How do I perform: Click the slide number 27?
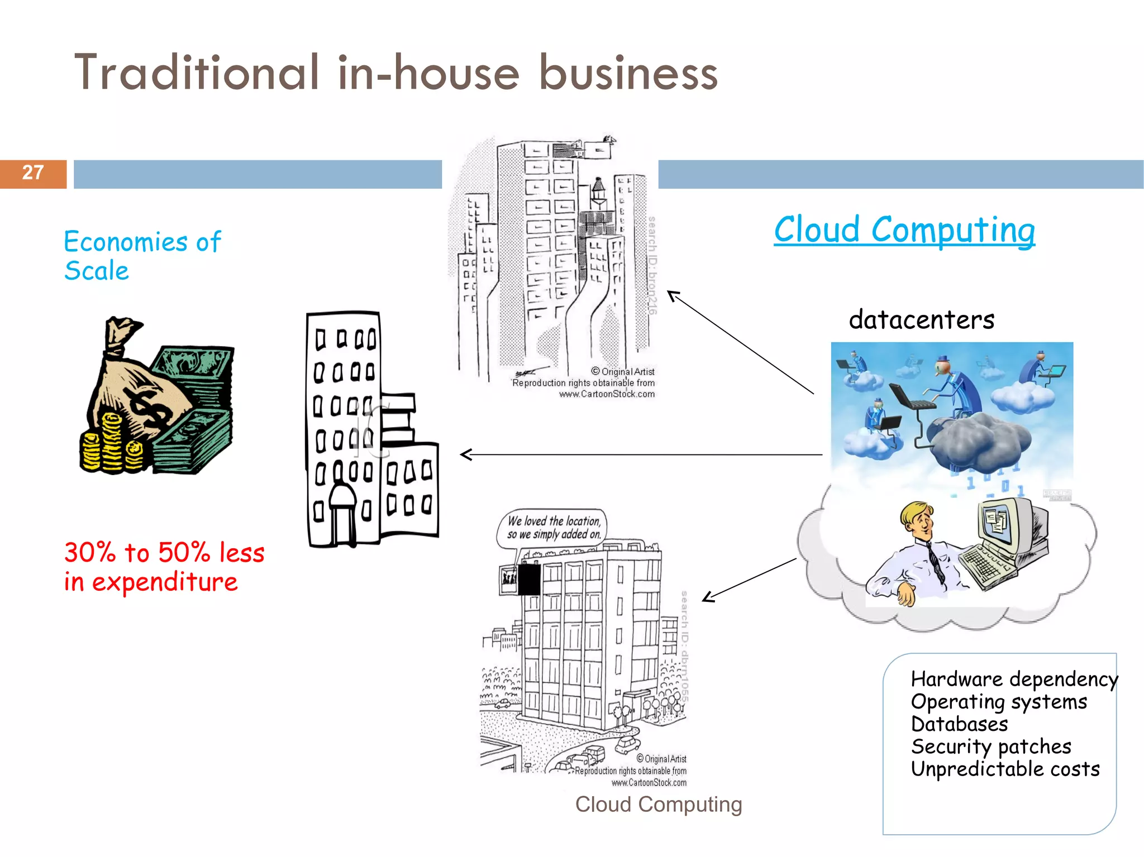(33, 173)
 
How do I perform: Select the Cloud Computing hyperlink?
(904, 230)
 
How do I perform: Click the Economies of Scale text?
(142, 256)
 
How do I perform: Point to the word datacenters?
(921, 320)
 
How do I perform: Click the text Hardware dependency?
(1014, 679)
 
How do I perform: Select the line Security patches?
(990, 746)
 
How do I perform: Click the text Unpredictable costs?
(1004, 769)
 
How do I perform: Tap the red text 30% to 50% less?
(164, 553)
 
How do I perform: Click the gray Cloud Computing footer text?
(658, 805)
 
